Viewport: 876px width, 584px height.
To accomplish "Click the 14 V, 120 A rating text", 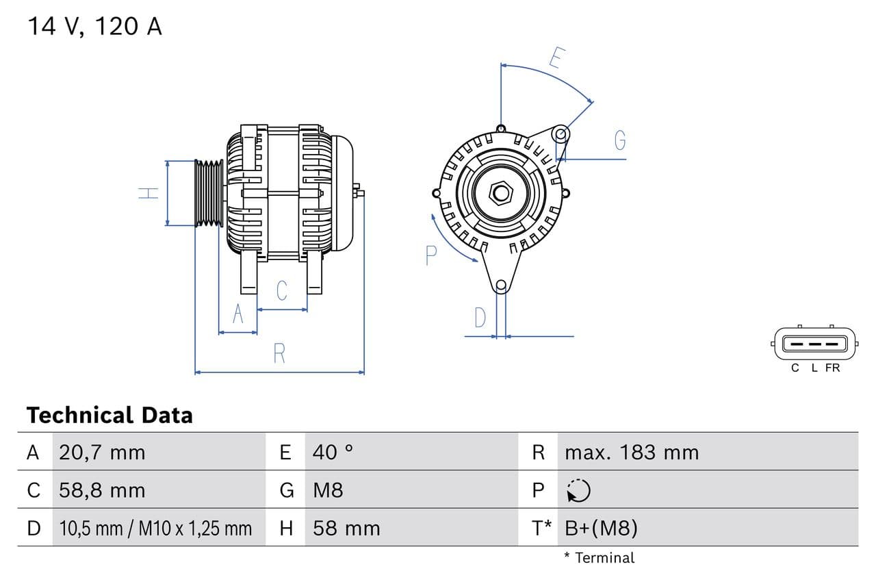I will point(94,27).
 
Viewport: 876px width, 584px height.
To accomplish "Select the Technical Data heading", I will point(109,415).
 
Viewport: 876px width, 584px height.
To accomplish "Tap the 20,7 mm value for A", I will point(102,452).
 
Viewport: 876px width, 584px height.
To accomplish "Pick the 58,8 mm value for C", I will point(102,490).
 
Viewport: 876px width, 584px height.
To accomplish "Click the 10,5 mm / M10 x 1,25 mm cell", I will point(155,528).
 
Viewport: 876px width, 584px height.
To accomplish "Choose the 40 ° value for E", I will point(333,452).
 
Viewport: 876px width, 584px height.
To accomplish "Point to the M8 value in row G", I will point(328,490).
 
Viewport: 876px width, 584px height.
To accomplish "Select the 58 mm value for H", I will point(346,528).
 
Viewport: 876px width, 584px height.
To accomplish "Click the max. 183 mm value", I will point(632,452).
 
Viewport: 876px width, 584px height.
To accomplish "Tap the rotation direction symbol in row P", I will point(578,490).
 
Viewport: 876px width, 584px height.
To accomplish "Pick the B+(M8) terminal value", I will point(602,528).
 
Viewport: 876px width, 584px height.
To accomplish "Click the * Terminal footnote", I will point(599,557).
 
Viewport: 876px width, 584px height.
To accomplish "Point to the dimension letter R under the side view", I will point(279,354).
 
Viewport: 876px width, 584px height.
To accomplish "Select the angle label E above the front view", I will point(556,59).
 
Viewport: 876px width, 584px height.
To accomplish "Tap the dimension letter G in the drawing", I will point(620,140).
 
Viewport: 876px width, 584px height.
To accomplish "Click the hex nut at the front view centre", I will point(501,193).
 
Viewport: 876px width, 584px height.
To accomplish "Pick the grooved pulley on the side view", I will point(209,193).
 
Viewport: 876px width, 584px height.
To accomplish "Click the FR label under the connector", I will point(832,368).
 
